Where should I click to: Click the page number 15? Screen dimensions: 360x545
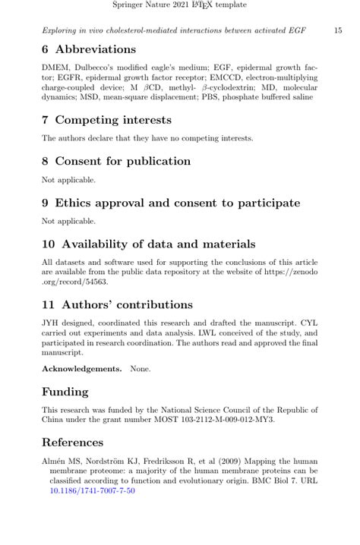point(338,30)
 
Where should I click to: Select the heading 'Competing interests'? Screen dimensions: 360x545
point(113,120)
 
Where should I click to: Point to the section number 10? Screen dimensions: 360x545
point(49,244)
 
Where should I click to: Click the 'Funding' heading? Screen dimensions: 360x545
point(65,392)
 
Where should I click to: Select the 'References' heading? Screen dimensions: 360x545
point(72,443)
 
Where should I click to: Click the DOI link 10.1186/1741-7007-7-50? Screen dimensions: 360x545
point(92,491)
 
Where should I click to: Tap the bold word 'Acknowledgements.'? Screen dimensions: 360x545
point(81,369)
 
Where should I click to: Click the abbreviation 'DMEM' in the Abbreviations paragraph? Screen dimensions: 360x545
point(55,68)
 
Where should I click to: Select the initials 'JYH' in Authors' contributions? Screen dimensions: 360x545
point(51,323)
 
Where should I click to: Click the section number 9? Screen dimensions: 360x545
point(46,203)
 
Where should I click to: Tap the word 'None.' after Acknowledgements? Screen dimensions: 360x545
point(141,369)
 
